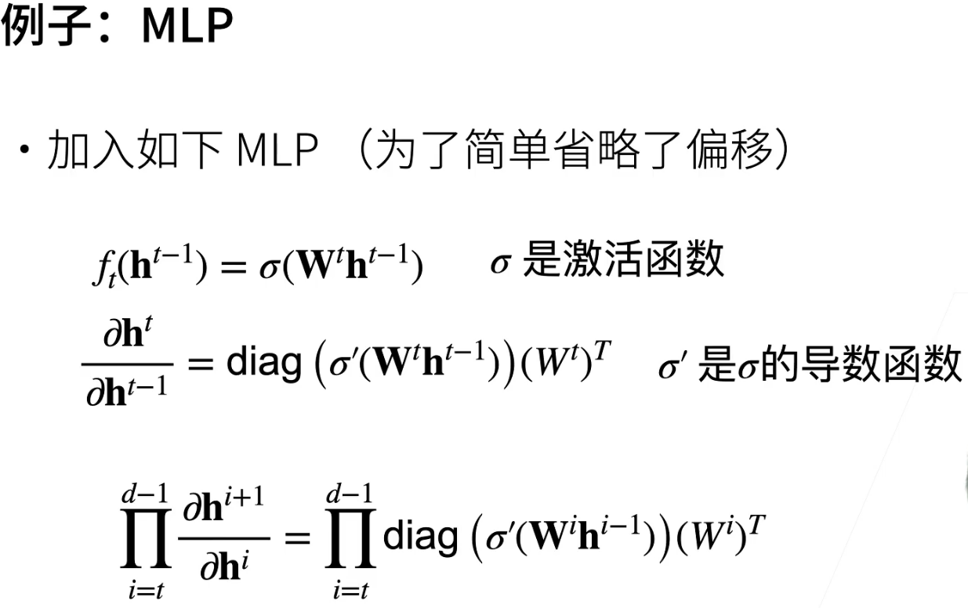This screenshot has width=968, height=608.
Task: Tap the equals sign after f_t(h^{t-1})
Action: point(233,267)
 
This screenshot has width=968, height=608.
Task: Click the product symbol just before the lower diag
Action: point(350,540)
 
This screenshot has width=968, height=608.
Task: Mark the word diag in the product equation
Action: point(420,537)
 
